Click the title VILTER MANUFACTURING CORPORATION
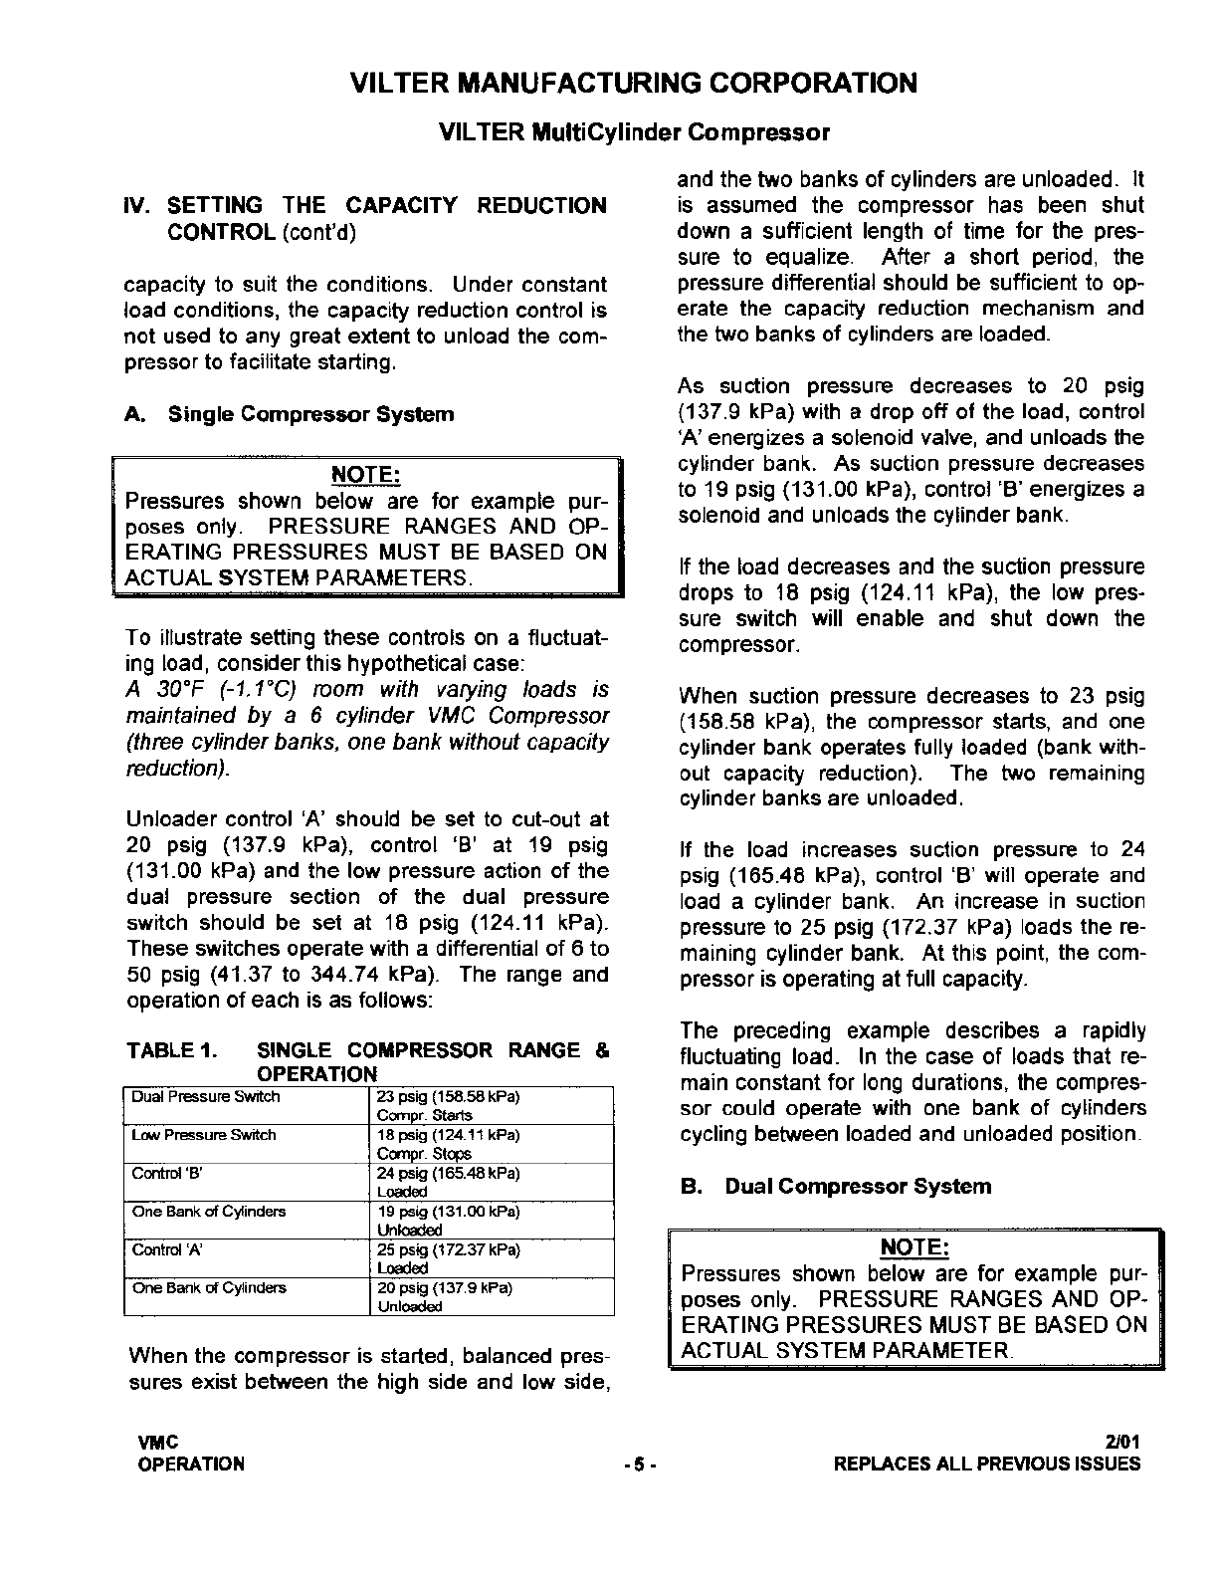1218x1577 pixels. [x=635, y=84]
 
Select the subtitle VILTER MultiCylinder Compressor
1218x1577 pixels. [x=634, y=131]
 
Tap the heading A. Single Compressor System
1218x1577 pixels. [x=289, y=414]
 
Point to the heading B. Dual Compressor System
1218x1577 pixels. [x=836, y=1186]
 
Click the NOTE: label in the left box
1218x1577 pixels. [x=365, y=475]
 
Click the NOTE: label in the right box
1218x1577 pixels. [x=915, y=1247]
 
